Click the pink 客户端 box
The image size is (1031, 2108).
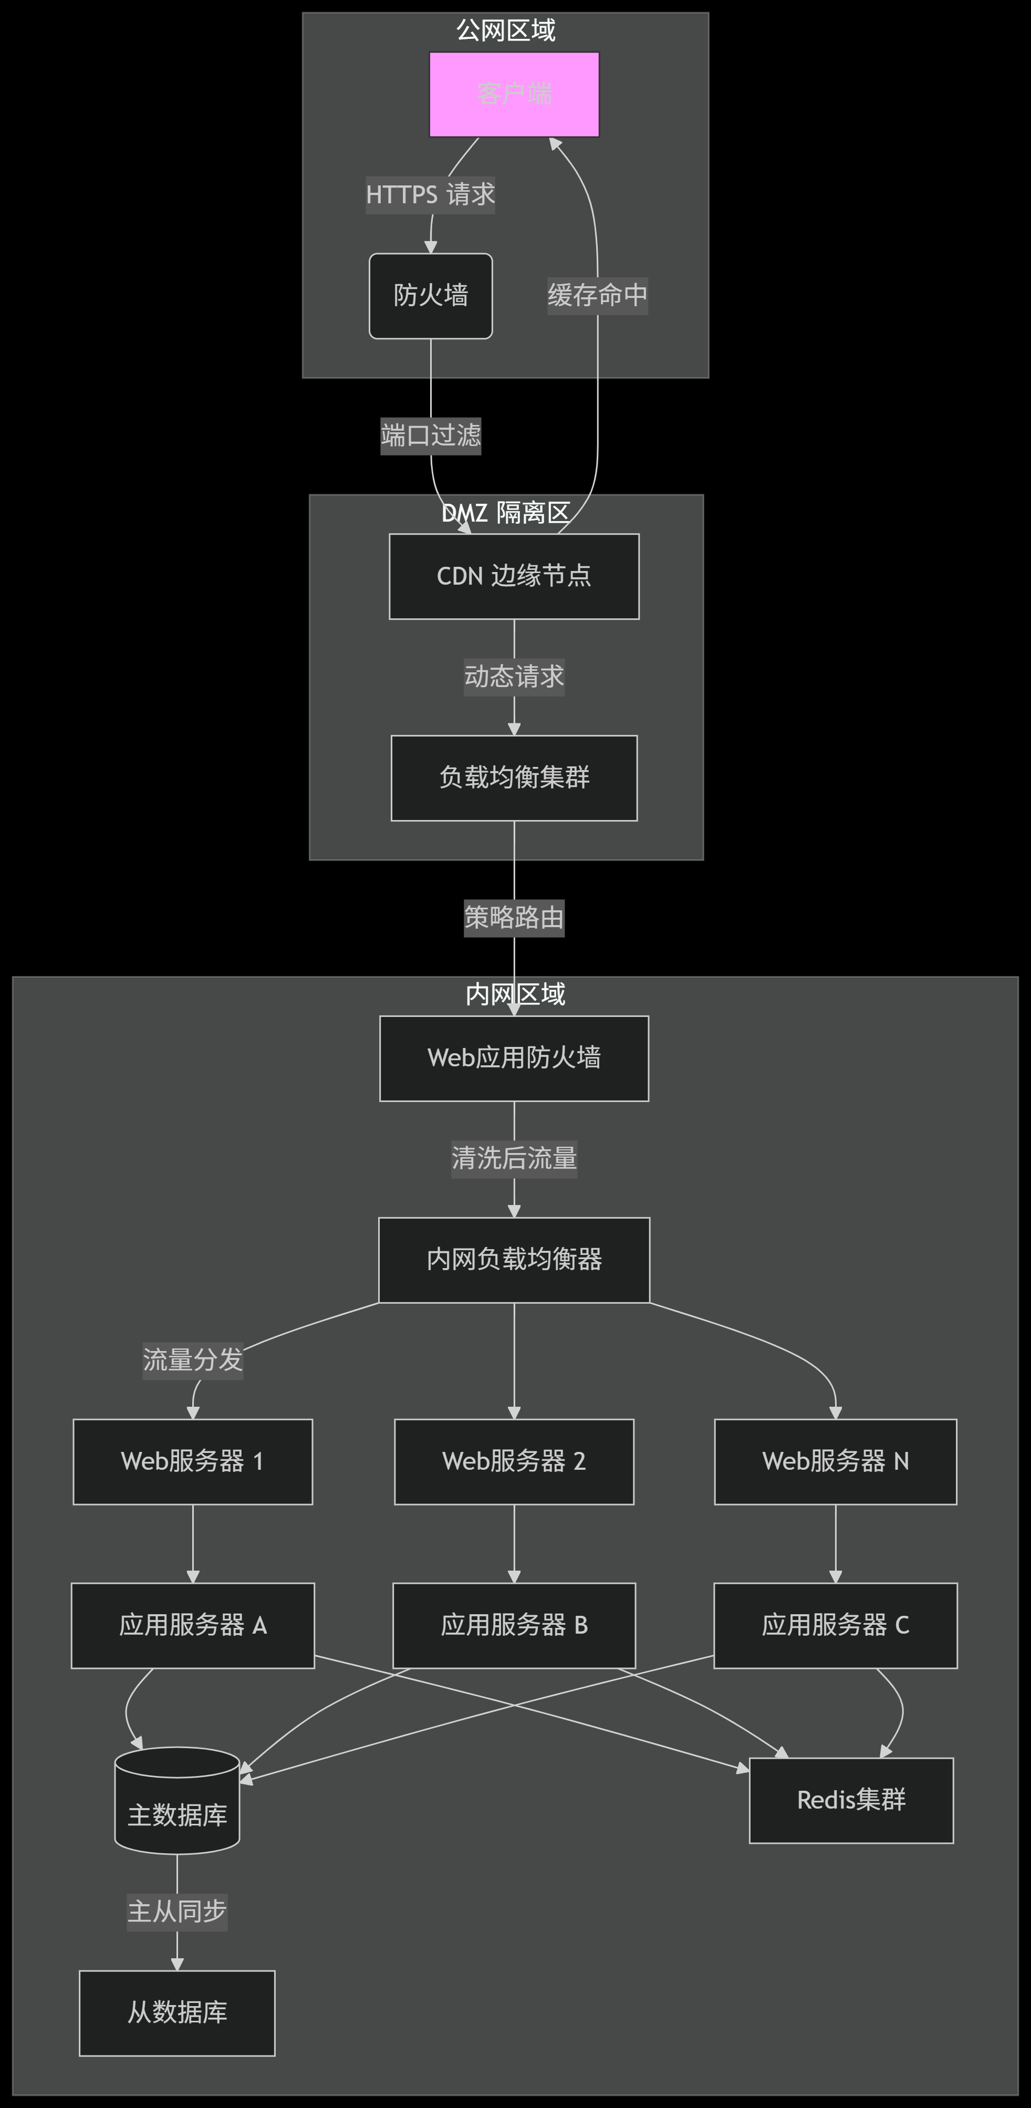click(514, 94)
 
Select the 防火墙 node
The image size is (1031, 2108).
click(430, 295)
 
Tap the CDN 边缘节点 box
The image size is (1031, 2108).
click(514, 576)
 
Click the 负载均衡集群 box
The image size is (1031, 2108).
click(514, 777)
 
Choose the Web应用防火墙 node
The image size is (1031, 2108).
click(514, 1058)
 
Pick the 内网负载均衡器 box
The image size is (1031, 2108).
click(514, 1260)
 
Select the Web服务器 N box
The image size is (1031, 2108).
click(836, 1461)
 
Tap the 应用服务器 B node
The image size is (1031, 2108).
click(514, 1625)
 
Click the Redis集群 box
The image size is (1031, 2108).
click(851, 1800)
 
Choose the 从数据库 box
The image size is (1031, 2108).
click(177, 2013)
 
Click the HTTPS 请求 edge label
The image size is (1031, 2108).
click(430, 195)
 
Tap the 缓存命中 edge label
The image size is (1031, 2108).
click(597, 295)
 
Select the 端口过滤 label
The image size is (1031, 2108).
click(430, 435)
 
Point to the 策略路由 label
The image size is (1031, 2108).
click(514, 917)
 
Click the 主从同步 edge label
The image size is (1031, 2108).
click(177, 1912)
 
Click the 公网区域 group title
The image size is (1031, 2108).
click(506, 30)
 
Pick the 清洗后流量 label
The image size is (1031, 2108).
click(514, 1159)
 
